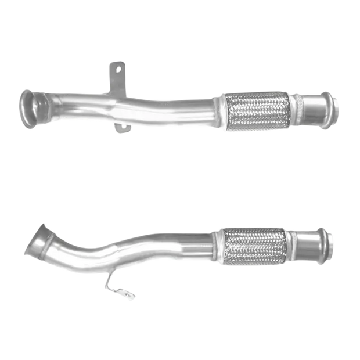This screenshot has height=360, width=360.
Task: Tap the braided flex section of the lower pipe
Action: pos(254,244)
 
